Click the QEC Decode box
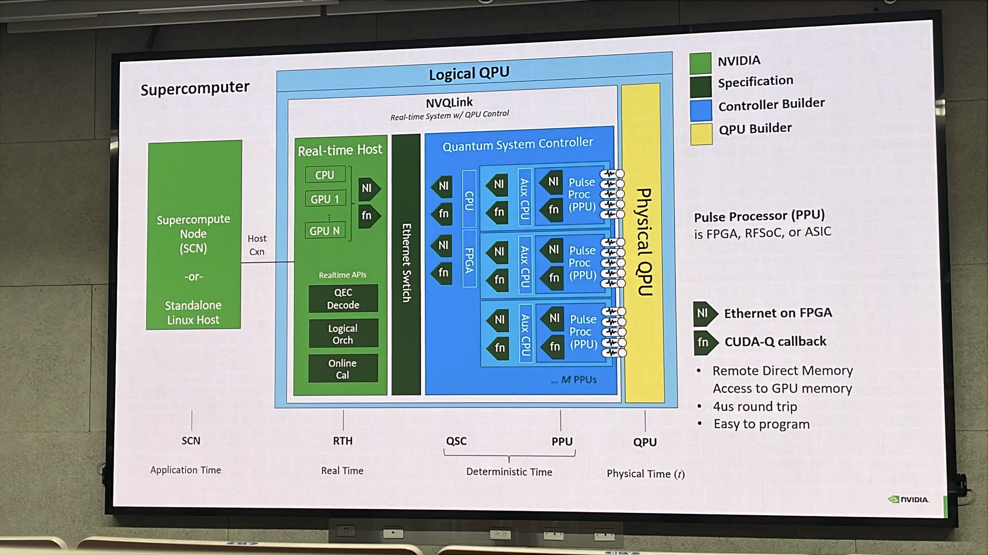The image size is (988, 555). [343, 298]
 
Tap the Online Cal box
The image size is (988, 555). [342, 369]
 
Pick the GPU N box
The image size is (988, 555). [325, 231]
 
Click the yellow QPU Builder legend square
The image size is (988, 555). [701, 134]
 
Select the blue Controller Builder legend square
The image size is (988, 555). [701, 110]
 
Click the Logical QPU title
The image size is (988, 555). [469, 73]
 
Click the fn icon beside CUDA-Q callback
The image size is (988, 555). [705, 342]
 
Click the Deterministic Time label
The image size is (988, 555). [509, 471]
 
